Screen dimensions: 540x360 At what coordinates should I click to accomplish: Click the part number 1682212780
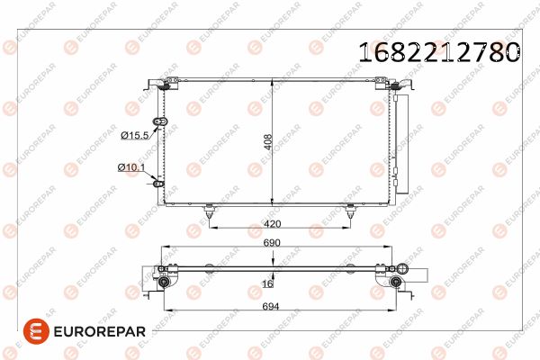click(439, 52)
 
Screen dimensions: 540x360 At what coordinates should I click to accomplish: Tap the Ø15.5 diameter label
click(135, 135)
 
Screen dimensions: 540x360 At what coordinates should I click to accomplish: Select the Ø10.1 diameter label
click(131, 167)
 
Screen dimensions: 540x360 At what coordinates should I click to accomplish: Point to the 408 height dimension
click(268, 142)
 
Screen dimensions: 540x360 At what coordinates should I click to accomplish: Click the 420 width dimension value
click(273, 224)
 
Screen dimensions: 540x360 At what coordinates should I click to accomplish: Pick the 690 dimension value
click(272, 243)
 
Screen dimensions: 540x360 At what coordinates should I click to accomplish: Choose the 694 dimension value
click(271, 306)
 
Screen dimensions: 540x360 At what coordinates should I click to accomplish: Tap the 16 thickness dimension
click(267, 283)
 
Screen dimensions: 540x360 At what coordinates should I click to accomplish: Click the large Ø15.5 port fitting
click(160, 121)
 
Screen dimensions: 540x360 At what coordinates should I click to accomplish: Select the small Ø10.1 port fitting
click(158, 184)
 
